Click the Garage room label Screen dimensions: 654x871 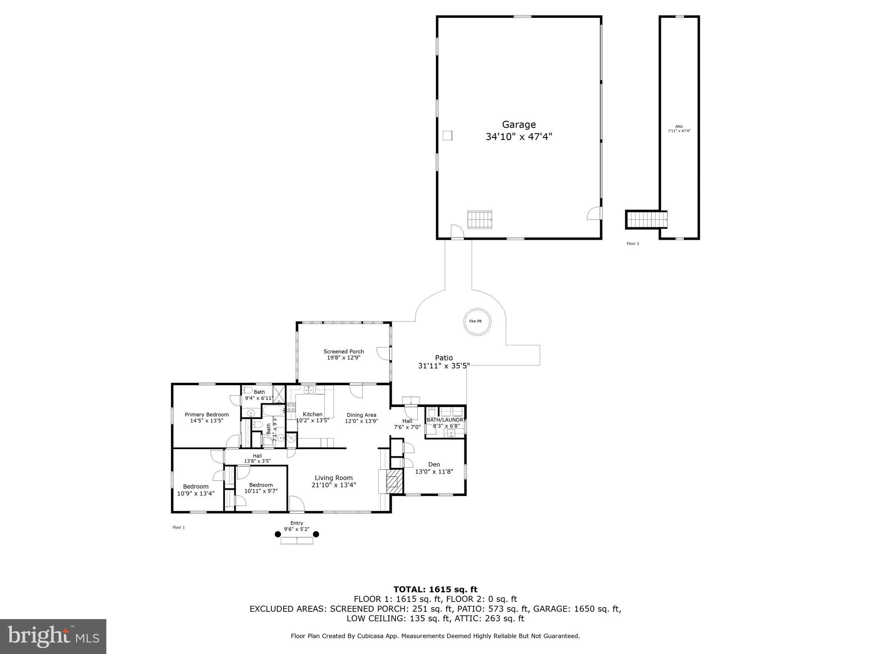[x=518, y=125]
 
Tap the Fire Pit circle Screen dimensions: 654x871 [x=477, y=321]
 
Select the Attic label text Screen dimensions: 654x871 [x=679, y=126]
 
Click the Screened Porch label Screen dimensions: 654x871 [x=344, y=351]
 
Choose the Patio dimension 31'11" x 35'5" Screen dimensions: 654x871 [x=444, y=366]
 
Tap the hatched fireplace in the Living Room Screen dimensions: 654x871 [x=393, y=482]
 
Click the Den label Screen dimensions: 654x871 [x=434, y=464]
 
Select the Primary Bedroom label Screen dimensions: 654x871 [x=207, y=414]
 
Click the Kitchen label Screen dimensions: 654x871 [x=313, y=414]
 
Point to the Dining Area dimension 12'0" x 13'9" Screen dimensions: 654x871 [x=361, y=421]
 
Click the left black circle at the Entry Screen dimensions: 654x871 [x=278, y=534]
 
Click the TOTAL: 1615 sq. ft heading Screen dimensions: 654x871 [x=435, y=589]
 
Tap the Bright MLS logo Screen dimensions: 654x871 [x=53, y=636]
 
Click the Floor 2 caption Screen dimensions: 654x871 [x=632, y=244]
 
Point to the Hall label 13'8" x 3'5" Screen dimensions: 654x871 [x=257, y=458]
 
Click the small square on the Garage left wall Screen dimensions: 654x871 [x=447, y=135]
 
